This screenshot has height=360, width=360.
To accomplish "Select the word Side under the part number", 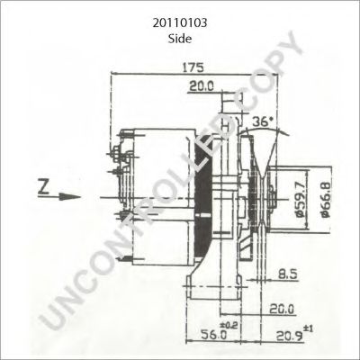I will coord(179,38).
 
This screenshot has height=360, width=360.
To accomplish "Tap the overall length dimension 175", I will coord(191,67).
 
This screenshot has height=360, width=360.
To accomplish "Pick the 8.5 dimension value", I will coord(287,273).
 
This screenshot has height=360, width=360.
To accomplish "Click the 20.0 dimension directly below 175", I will coord(202,87).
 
